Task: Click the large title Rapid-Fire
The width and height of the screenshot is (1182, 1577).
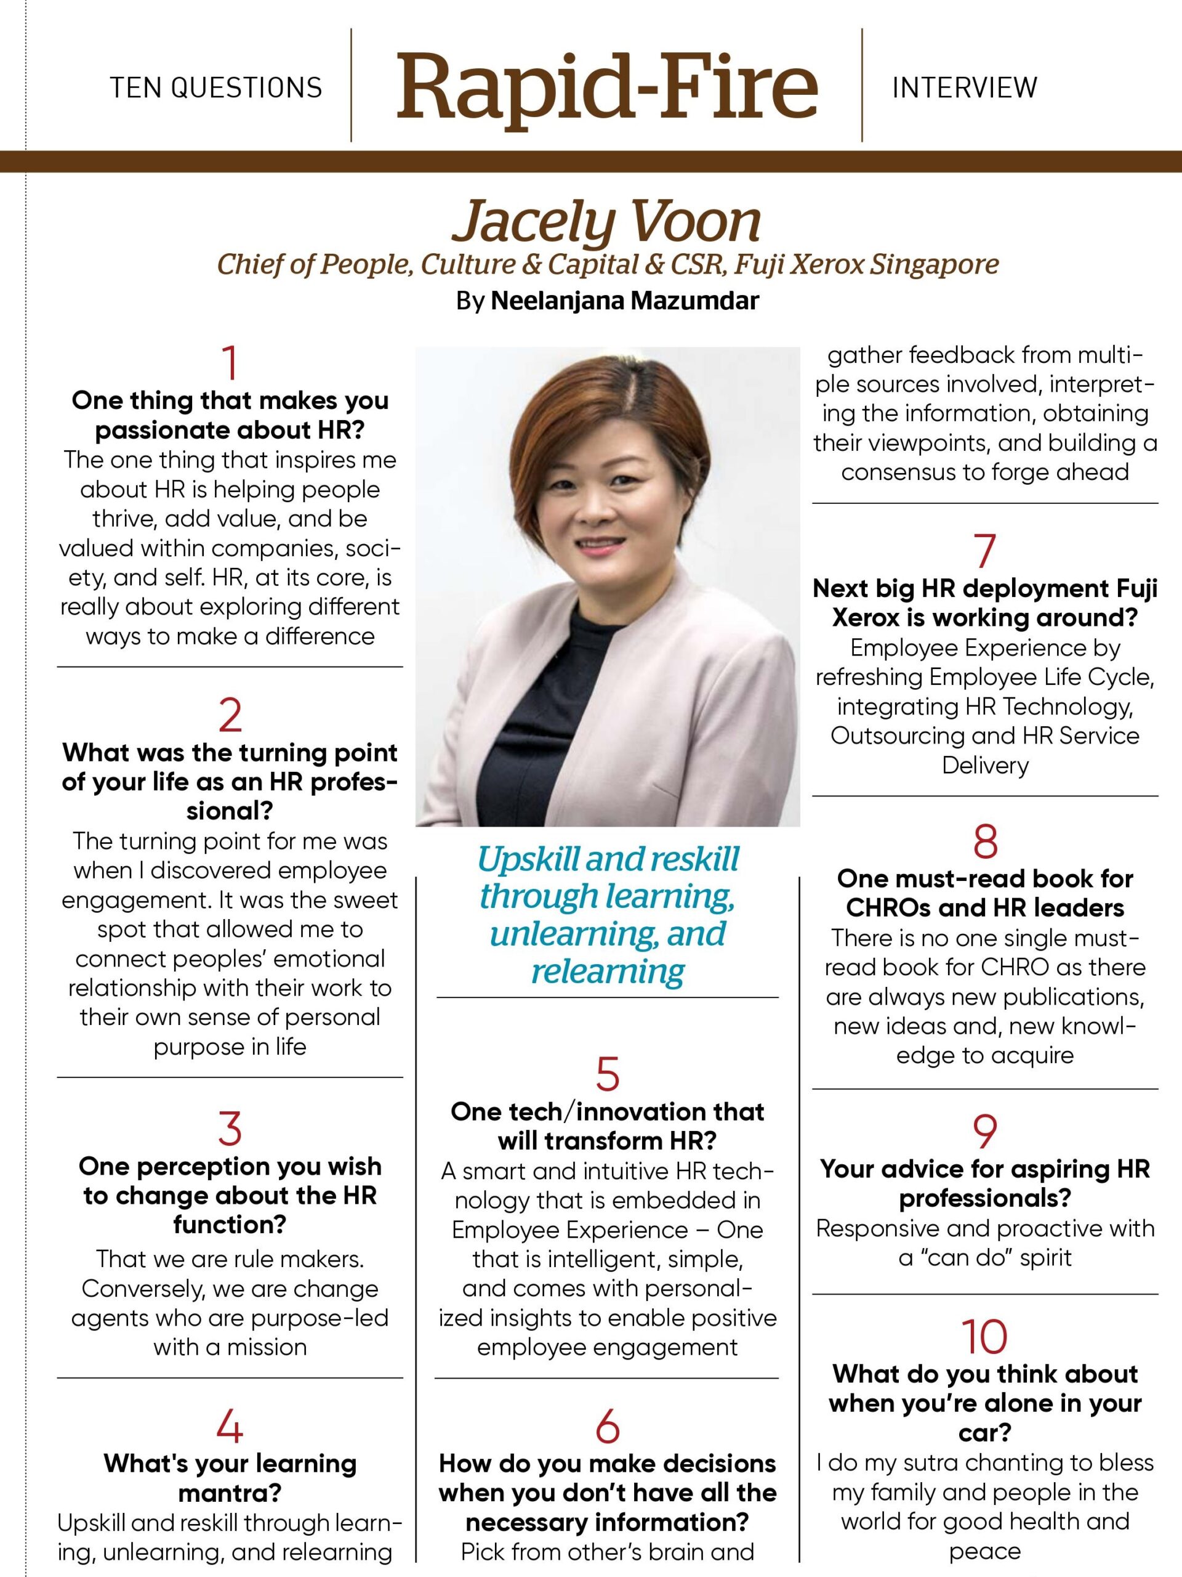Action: [607, 87]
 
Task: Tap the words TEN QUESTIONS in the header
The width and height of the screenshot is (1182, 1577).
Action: [216, 87]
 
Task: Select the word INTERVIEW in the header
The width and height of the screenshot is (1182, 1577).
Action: [965, 87]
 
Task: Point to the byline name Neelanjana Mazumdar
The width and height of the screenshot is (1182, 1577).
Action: [625, 301]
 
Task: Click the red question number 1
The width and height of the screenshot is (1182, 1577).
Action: [230, 363]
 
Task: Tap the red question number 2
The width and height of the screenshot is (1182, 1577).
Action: [230, 716]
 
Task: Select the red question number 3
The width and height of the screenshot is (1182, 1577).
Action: [230, 1129]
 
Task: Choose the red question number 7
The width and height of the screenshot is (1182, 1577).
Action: [984, 551]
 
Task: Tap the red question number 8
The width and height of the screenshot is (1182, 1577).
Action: [984, 842]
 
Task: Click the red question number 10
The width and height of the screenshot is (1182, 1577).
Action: [984, 1337]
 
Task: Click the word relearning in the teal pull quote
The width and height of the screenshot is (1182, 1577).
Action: [608, 970]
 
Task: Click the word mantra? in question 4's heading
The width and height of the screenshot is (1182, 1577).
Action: [230, 1493]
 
